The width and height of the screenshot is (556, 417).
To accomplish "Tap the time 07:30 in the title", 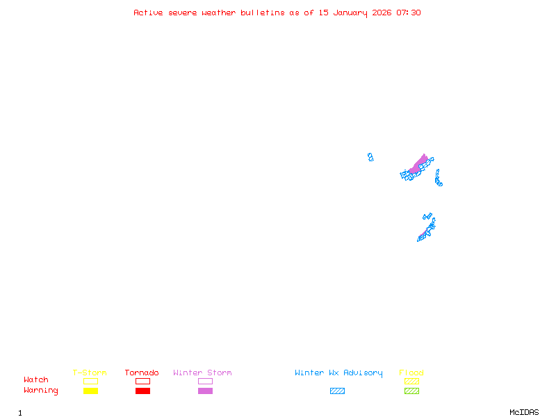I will (x=409, y=13).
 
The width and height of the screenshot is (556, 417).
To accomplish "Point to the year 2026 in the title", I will (x=383, y=13).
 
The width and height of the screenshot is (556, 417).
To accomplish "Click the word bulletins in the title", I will (x=262, y=13).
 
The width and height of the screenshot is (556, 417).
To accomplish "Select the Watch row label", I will (x=36, y=380).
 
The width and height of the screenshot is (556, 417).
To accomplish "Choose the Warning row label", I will (x=41, y=391).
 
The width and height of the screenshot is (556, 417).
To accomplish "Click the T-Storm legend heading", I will (x=90, y=373).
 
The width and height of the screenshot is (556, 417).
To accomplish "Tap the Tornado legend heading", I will (x=142, y=373).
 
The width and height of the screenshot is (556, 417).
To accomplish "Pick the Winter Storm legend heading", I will (x=202, y=373).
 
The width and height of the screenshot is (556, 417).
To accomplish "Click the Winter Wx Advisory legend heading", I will (x=338, y=373).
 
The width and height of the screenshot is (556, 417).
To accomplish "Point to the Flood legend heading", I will (x=411, y=373).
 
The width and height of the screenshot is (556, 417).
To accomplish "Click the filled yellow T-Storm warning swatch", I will (x=90, y=391).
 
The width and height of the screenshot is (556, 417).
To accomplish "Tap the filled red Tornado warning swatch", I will (x=142, y=391).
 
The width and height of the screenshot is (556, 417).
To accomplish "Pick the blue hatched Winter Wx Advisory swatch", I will (x=337, y=391).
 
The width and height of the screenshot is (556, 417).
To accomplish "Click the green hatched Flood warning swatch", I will (x=411, y=391).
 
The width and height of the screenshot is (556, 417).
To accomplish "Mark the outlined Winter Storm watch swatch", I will (x=205, y=381).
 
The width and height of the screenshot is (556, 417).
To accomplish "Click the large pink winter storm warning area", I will (x=418, y=165).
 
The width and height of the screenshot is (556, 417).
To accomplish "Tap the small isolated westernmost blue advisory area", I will (x=370, y=157).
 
